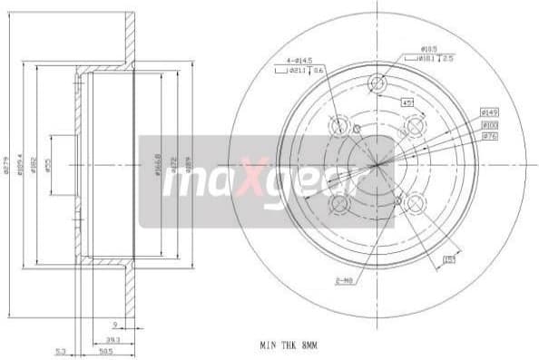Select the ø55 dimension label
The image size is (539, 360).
[x=48, y=166]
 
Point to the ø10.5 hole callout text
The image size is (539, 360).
[x=430, y=49]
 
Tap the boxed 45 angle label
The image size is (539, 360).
[x=407, y=102]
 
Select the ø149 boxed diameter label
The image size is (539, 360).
[x=491, y=111]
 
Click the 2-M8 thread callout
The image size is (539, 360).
[x=344, y=280]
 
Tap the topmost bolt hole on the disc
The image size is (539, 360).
[x=377, y=85]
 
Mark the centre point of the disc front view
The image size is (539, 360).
[x=376, y=165]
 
